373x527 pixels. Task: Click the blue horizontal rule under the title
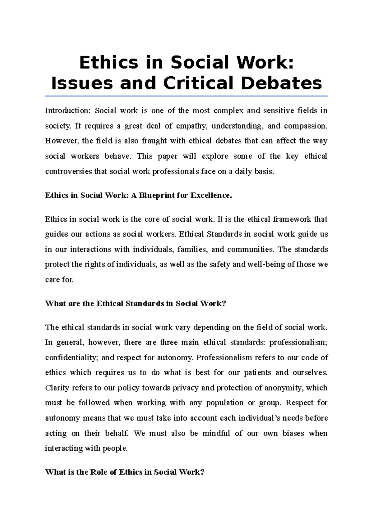click(186, 96)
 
